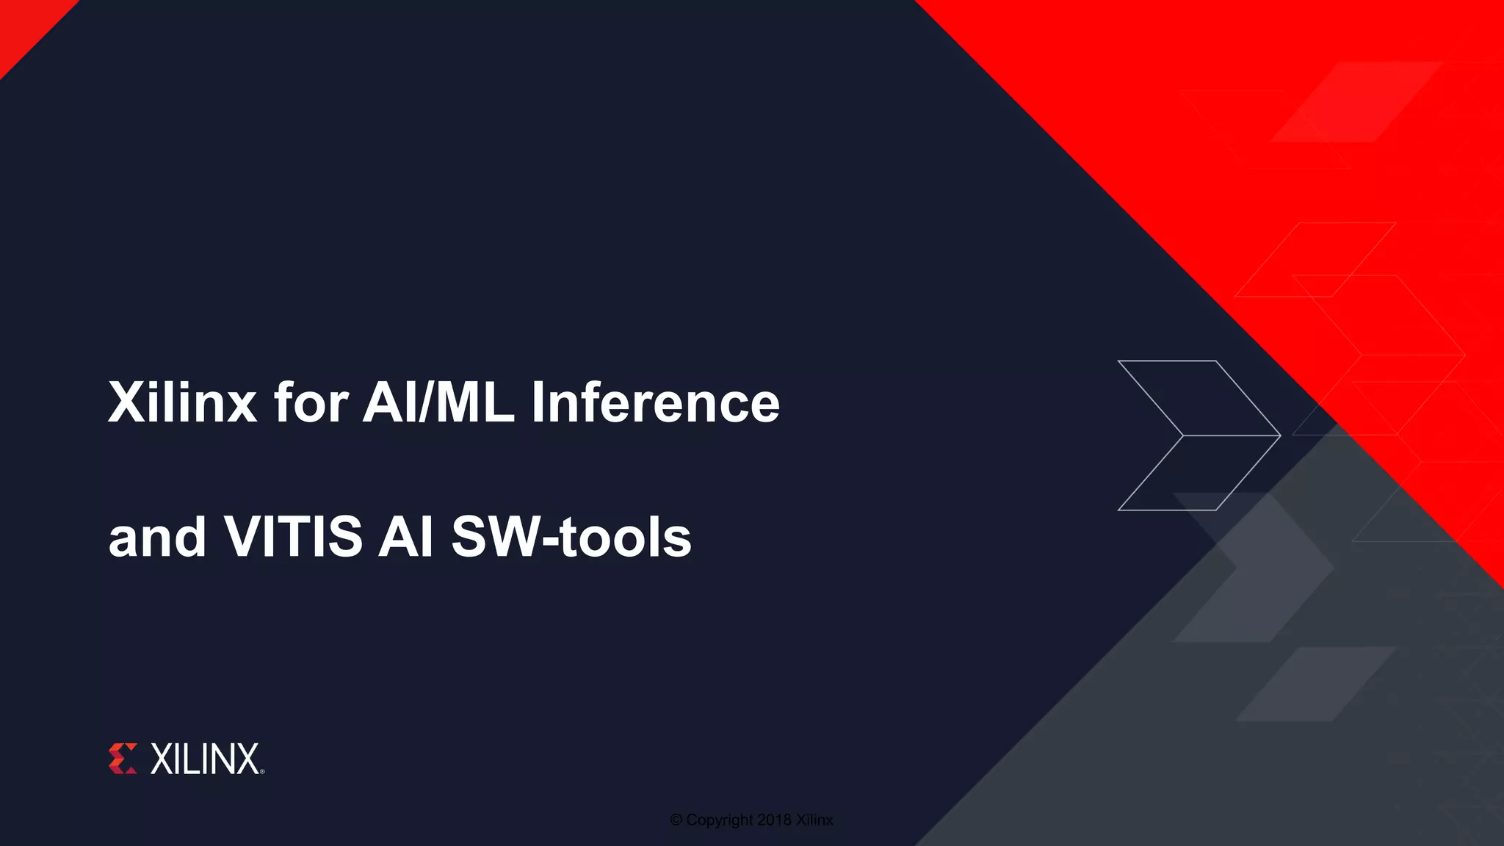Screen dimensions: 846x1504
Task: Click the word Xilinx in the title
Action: pyautogui.click(x=183, y=402)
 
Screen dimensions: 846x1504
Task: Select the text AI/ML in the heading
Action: pyautogui.click(x=438, y=402)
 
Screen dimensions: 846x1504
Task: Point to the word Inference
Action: pyautogui.click(x=655, y=402)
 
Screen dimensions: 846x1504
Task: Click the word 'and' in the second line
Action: pyautogui.click(x=157, y=537)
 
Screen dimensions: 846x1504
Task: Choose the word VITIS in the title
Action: pyautogui.click(x=293, y=537)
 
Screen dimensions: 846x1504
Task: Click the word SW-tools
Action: pyautogui.click(x=571, y=537)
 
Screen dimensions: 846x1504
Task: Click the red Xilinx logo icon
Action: pyautogui.click(x=123, y=759)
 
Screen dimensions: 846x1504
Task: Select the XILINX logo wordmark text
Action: pyautogui.click(x=205, y=759)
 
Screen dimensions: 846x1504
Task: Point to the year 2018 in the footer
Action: pyautogui.click(x=774, y=820)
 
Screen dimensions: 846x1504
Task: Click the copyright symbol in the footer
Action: pyautogui.click(x=676, y=820)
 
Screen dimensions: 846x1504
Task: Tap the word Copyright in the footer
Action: pyautogui.click(x=720, y=820)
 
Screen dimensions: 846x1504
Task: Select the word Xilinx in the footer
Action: pyautogui.click(x=814, y=820)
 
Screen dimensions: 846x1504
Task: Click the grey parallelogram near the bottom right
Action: pyautogui.click(x=1315, y=684)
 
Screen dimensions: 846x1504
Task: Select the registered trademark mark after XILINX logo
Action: pyautogui.click(x=262, y=772)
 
